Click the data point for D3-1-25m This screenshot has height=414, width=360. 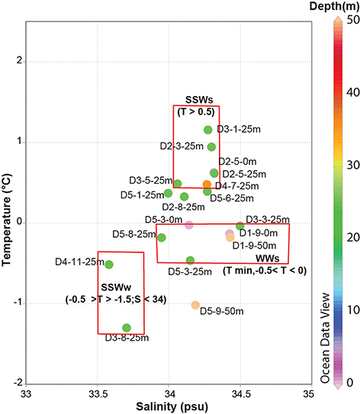[x=207, y=130]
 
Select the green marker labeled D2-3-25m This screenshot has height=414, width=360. [x=211, y=147]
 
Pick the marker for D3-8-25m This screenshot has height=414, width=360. [x=127, y=328]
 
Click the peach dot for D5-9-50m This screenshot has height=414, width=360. [x=195, y=305]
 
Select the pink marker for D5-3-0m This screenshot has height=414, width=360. [x=189, y=224]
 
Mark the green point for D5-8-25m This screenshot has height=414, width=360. [x=162, y=238]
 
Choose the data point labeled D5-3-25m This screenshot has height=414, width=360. [x=191, y=261]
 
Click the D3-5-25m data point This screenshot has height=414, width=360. [x=178, y=184]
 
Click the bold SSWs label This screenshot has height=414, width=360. [x=196, y=100]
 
